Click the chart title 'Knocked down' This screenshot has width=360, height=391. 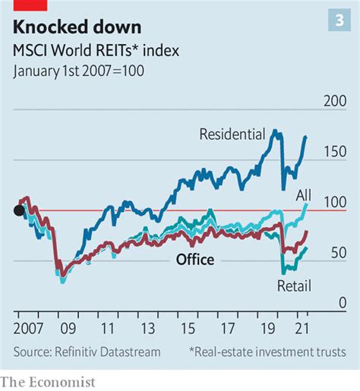tap(77, 27)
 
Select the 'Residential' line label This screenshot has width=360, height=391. tap(232, 135)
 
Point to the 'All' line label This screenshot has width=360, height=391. tap(304, 196)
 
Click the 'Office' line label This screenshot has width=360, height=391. tap(195, 260)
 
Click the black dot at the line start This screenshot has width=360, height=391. tap(18, 210)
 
